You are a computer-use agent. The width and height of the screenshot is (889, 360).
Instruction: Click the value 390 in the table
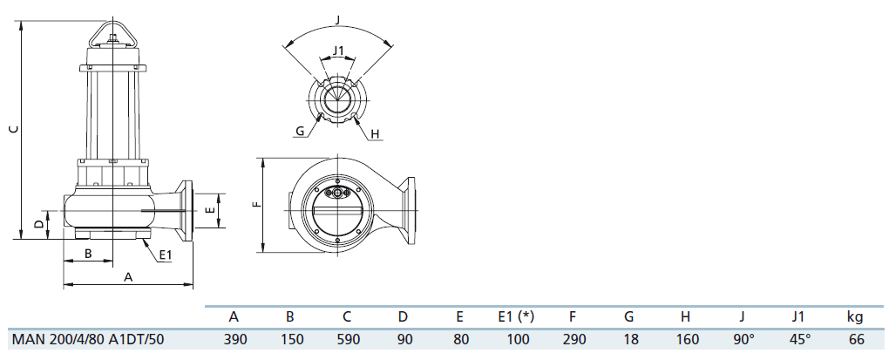tap(234, 339)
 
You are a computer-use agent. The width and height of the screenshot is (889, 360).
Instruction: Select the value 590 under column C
tap(346, 339)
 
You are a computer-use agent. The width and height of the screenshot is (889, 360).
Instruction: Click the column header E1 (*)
tap(515, 316)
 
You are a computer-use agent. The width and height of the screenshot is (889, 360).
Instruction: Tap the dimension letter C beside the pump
tap(12, 129)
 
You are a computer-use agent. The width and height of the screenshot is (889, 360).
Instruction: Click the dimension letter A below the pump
tap(128, 276)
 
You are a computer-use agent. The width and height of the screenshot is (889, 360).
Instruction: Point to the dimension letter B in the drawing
tap(88, 253)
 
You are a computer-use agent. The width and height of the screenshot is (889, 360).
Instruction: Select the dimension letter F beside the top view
tap(255, 205)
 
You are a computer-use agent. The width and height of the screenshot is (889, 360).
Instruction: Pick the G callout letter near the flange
tap(300, 132)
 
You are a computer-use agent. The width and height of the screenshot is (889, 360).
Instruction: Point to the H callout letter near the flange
tap(375, 133)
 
